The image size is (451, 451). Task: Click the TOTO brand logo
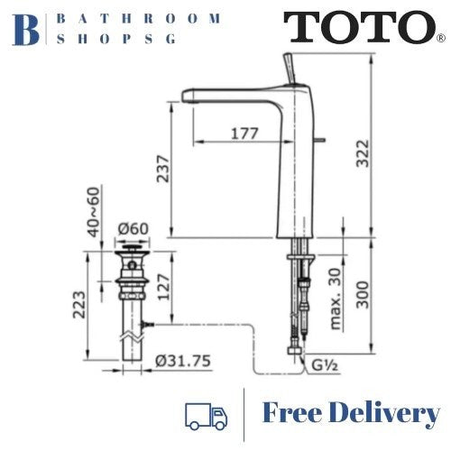[x=361, y=28]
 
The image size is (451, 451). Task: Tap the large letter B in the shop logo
[x=28, y=28]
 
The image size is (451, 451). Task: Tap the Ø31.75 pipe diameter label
[x=183, y=361]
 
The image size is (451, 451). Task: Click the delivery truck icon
[x=206, y=415]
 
